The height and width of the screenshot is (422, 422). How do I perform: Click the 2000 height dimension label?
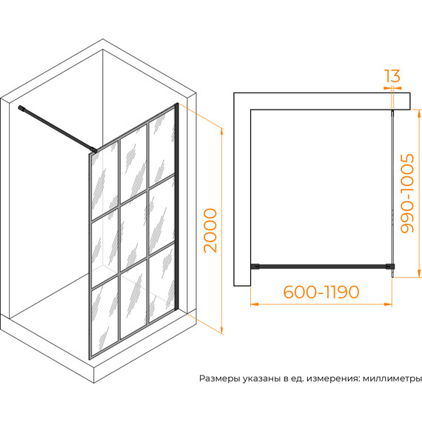tap(210, 231)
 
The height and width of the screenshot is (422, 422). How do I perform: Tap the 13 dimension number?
tap(392, 76)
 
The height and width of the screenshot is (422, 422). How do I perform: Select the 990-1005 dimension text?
tap(406, 193)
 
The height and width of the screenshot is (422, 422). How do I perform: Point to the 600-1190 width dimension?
tap(321, 292)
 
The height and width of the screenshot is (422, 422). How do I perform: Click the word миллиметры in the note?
tap(392, 378)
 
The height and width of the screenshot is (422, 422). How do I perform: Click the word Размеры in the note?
tap(220, 379)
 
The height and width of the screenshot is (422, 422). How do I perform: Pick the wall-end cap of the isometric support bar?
tap(21, 108)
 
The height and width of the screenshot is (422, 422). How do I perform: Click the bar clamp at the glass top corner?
tap(93, 150)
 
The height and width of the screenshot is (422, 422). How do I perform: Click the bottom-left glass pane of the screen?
tap(104, 318)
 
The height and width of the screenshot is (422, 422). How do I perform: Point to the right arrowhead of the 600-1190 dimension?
tap(389, 304)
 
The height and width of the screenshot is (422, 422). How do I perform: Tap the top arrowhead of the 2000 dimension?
tap(222, 133)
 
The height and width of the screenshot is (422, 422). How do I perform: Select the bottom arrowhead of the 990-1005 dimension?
tap(418, 273)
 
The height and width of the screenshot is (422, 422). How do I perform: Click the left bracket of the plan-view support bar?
tap(255, 267)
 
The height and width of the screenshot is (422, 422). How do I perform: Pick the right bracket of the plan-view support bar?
tap(390, 267)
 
